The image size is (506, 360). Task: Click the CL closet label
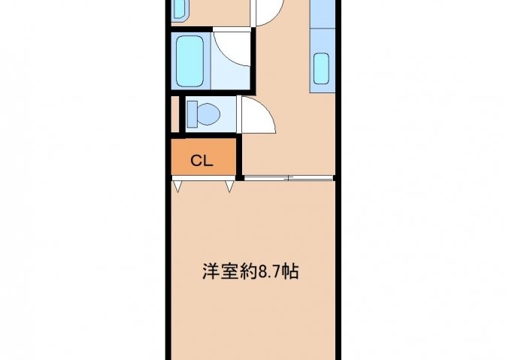pos(201,160)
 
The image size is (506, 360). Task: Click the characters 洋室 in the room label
pos(221,272)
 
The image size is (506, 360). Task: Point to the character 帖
pos(290,272)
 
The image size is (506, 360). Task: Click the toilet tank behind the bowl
pos(192,114)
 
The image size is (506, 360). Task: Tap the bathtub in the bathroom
pos(189,62)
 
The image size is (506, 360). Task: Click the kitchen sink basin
pos(321,68)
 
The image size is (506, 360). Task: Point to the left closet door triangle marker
pos(177,186)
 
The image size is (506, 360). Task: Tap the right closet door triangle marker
pos(229,186)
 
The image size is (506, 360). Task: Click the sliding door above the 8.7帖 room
pos(289,177)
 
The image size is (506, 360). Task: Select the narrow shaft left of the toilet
pos(174,114)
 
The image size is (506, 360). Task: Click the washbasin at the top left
pos(179,9)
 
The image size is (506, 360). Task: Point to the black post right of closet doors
pos(239,177)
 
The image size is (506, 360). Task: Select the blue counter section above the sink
pos(323,14)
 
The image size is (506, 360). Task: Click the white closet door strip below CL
pos(204,178)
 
